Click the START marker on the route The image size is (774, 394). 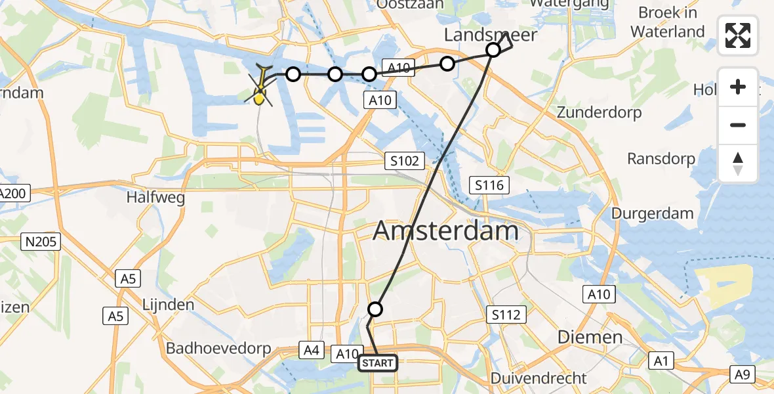378,363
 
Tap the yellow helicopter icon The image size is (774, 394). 261,88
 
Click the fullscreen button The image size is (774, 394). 738,35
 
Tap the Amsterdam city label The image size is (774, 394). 445,231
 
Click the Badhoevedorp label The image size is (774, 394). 218,349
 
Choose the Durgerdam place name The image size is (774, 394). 653,213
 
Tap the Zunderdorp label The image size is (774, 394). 599,112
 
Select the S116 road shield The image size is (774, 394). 489,185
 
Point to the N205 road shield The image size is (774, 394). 41,242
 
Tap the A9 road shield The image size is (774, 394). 743,374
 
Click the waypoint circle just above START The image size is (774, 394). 375,309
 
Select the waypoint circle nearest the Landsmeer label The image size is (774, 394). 493,50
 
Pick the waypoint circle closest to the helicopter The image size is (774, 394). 293,74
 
